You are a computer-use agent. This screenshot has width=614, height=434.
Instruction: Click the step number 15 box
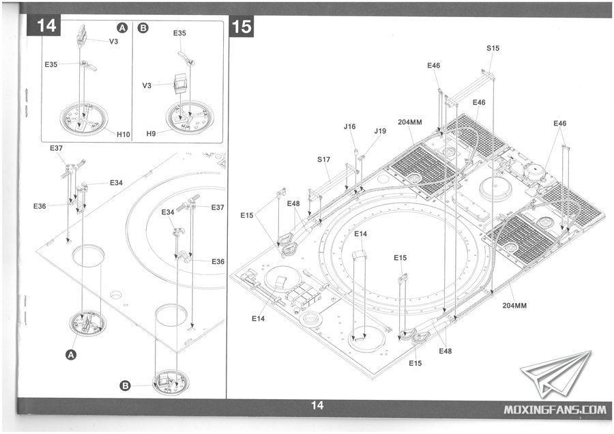pos(242,27)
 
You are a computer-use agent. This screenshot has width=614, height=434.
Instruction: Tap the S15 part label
pos(493,48)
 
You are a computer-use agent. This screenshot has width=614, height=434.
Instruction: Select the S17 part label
pos(323,160)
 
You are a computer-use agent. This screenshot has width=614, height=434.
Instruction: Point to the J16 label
pos(350,126)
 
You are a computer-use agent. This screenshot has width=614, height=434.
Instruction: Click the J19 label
pos(380,131)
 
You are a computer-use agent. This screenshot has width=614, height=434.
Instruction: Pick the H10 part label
pos(123,134)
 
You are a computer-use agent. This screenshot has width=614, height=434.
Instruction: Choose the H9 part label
pos(151,134)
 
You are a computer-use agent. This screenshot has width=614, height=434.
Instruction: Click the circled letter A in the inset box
pos(123,28)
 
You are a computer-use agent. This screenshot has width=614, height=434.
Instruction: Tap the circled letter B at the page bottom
pos(125,386)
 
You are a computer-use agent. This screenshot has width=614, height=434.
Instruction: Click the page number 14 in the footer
pos(317,405)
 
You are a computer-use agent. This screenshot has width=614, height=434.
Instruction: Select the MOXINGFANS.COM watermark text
pos(555,409)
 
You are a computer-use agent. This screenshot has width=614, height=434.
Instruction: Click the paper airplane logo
pos(555,373)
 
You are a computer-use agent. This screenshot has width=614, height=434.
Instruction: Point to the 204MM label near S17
pos(410,122)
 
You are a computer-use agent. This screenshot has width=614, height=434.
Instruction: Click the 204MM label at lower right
pos(514,306)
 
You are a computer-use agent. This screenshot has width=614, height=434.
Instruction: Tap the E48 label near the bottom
pos(445,351)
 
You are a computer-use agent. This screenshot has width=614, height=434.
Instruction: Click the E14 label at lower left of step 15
pos(258,319)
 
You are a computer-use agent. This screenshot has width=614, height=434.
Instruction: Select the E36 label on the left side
pos(40,206)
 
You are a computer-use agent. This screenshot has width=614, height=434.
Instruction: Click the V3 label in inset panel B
pos(147,85)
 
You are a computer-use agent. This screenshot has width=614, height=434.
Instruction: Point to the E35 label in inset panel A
pos(51,64)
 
